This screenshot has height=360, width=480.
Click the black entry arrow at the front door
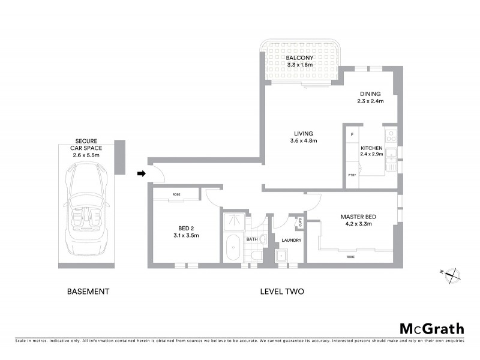click(142, 174)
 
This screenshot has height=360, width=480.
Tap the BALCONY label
click(300, 58)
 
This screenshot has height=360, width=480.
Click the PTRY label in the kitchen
click(352, 175)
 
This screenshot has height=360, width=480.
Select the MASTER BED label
click(357, 217)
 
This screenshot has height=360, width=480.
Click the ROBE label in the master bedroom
click(350, 256)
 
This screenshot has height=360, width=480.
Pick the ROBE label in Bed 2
click(176, 194)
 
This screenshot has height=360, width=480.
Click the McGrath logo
click(431, 328)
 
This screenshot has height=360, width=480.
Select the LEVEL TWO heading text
click(282, 292)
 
